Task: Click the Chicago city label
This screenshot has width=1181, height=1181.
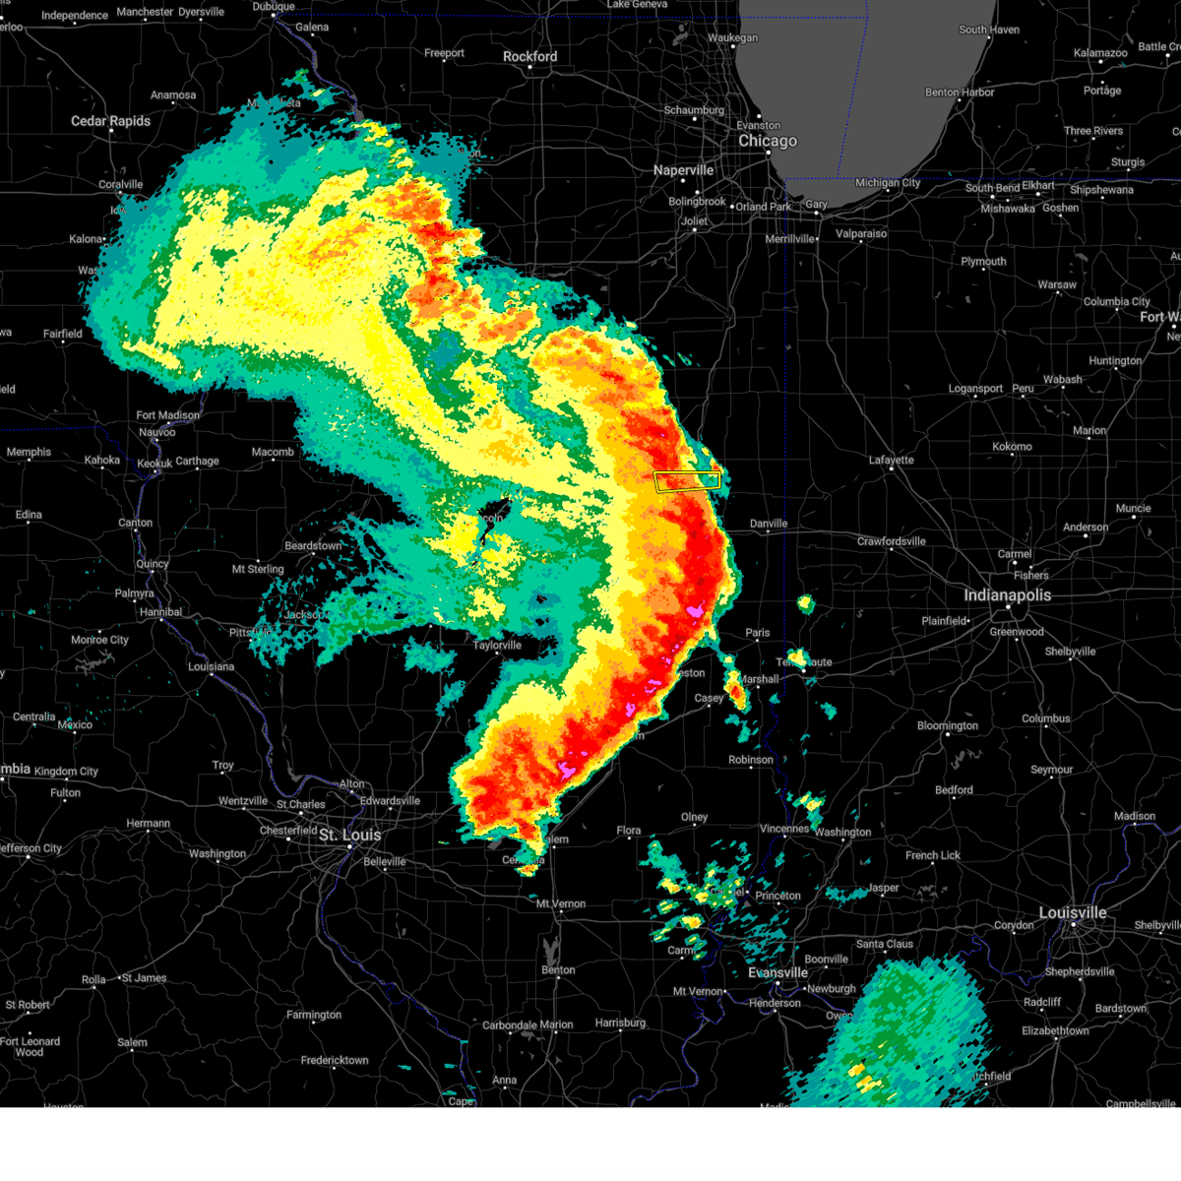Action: pyautogui.click(x=768, y=141)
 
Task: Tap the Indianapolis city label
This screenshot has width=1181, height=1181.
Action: pyautogui.click(x=1007, y=595)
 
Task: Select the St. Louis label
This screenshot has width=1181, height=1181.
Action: pyautogui.click(x=349, y=836)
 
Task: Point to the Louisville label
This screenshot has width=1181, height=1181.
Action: pyautogui.click(x=1073, y=913)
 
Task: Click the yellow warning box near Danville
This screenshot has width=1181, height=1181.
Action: pyautogui.click(x=687, y=481)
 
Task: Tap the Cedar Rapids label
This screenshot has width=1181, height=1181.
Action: pyautogui.click(x=110, y=121)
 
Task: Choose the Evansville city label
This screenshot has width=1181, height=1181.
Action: pyautogui.click(x=777, y=972)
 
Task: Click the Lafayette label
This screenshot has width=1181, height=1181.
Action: pyautogui.click(x=892, y=460)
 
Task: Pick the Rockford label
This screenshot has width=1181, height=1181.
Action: pyautogui.click(x=529, y=57)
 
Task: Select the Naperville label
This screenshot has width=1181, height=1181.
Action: pyautogui.click(x=683, y=170)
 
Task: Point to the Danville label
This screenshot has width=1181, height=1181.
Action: pyautogui.click(x=769, y=524)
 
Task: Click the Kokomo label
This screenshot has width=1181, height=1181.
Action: pyautogui.click(x=1012, y=446)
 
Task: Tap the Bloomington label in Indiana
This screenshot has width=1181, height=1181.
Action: pyautogui.click(x=948, y=726)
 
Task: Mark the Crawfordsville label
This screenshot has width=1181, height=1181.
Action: pyautogui.click(x=892, y=541)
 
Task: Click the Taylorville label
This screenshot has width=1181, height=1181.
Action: pyautogui.click(x=497, y=646)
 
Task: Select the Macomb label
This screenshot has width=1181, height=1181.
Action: pyautogui.click(x=273, y=452)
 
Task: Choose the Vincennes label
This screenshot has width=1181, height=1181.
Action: pyautogui.click(x=784, y=829)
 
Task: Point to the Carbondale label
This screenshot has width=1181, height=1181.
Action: pyautogui.click(x=509, y=1025)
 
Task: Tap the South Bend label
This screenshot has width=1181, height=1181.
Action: pyautogui.click(x=992, y=188)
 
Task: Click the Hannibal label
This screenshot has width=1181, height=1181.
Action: pyautogui.click(x=160, y=612)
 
